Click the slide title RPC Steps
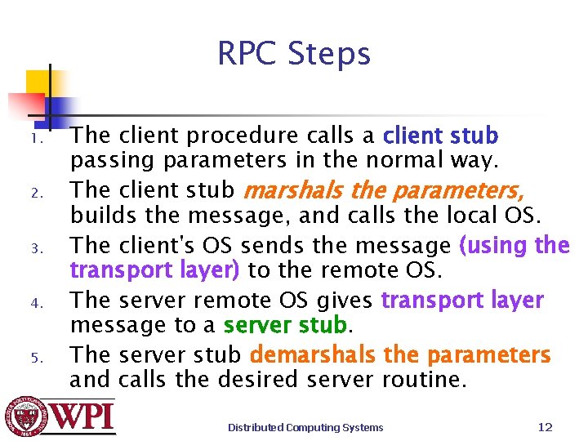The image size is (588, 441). tap(294, 55)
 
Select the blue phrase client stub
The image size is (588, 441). tap(440, 136)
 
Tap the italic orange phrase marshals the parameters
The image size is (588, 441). tap(384, 191)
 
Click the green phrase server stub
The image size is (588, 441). tap(285, 326)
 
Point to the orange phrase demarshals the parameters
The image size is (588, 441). tap(400, 355)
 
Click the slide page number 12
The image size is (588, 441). tap(546, 426)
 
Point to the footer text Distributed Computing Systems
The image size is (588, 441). tap(305, 427)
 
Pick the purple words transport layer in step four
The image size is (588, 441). tap(461, 301)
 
